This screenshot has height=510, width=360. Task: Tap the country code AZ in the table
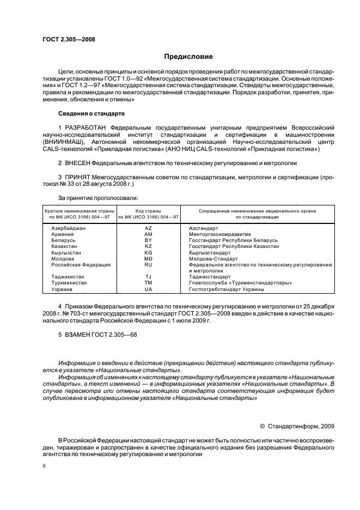click(148, 228)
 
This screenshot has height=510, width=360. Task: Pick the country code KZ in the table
click(148, 246)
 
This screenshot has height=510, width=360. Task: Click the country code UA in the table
click(148, 289)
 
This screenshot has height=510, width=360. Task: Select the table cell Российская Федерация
click(81, 264)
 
